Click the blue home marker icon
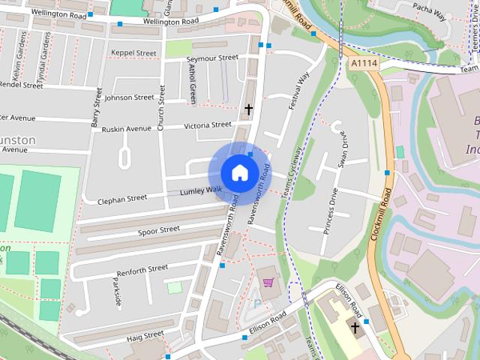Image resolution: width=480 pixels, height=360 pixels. (239, 172)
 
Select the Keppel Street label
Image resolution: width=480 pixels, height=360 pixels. (133, 53)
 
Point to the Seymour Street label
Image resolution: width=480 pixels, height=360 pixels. (211, 58)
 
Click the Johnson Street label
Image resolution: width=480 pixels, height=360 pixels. (130, 97)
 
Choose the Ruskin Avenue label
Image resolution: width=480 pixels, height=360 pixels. (127, 129)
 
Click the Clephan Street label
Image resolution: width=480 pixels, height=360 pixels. (122, 199)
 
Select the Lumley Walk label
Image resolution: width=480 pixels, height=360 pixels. (201, 192)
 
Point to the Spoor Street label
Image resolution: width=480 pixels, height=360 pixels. (158, 230)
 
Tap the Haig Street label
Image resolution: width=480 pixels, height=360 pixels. (145, 338)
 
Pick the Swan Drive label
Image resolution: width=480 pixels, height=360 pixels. (343, 150)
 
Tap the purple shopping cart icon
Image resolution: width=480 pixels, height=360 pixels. (268, 282)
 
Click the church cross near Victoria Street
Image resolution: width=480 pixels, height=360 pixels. (249, 109)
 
